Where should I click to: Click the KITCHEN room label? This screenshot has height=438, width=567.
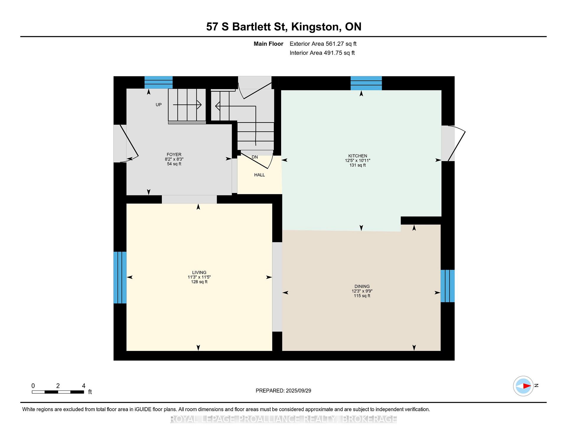(358, 156)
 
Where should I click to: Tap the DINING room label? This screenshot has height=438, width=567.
(362, 286)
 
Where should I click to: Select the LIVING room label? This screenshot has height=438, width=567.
(199, 272)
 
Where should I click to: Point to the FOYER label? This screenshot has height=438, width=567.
(174, 154)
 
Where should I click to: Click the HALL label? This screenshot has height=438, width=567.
(260, 175)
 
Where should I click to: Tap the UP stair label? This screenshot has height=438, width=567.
(159, 104)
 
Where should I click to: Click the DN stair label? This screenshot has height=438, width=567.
(255, 157)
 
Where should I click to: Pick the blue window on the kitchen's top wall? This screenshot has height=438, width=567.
(366, 83)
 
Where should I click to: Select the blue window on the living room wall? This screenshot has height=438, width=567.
(120, 277)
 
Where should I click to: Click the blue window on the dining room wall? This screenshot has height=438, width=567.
(447, 286)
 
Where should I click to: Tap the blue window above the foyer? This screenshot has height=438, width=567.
(159, 82)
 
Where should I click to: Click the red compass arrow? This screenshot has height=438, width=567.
(527, 386)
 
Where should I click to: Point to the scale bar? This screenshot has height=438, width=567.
(58, 392)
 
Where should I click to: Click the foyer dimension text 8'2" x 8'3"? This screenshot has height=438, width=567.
(174, 159)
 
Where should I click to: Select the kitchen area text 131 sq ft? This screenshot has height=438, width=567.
(358, 165)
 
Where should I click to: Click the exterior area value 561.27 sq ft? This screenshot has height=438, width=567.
(341, 44)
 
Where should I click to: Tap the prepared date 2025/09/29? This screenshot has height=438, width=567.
(299, 391)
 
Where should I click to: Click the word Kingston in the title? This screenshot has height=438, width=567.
(315, 27)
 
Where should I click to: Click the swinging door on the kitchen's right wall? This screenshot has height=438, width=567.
(453, 143)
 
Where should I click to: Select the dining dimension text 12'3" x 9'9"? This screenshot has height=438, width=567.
(362, 291)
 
